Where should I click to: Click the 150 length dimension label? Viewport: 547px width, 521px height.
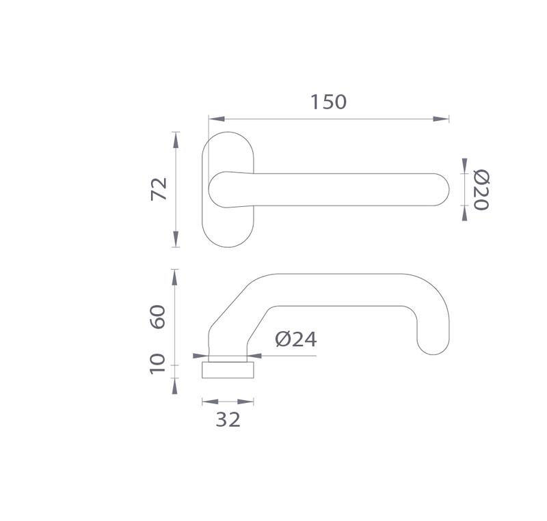328,102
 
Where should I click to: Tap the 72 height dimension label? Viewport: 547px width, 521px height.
159,189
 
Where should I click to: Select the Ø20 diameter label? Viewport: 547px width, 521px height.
481,190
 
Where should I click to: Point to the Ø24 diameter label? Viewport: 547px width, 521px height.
296,339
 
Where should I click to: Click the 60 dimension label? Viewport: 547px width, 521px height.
158,316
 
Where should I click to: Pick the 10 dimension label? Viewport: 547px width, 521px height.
157,364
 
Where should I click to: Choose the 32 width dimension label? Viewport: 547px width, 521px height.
228,419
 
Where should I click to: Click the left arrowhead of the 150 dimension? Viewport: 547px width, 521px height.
217,119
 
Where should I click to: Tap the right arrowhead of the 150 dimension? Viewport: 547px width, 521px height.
441,119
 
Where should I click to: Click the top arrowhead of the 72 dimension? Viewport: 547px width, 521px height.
176,140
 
